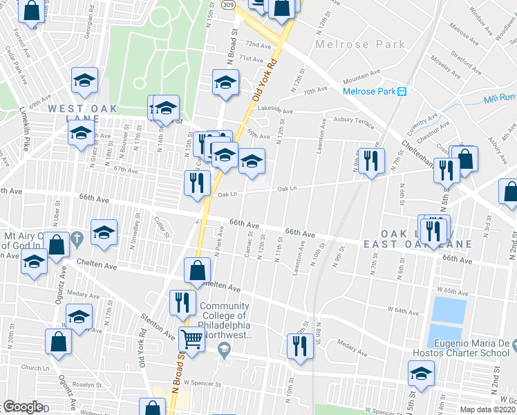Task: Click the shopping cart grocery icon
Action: click(191, 339)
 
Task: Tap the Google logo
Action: click(23, 407)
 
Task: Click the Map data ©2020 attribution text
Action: click(488, 409)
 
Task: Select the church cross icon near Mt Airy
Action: click(77, 239)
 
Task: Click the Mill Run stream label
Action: click(500, 99)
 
